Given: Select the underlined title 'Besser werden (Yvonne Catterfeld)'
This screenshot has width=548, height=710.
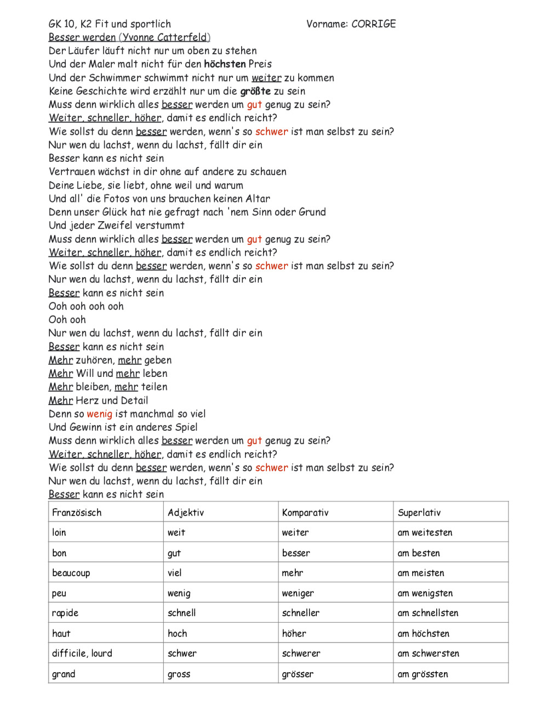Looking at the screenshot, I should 129,37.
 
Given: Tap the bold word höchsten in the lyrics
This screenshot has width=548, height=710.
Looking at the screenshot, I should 224,64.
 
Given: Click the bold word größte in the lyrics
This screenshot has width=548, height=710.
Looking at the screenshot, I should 255,91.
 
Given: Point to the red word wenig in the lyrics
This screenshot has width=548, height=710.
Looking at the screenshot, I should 99,414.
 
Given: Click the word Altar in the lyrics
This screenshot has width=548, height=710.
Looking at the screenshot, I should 258,199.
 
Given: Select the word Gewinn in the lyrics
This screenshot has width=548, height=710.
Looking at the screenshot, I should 86,427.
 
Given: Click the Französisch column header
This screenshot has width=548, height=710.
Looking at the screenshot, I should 77,512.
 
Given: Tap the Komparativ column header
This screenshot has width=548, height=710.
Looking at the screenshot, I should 305,512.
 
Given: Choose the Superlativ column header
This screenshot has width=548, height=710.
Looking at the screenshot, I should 419,512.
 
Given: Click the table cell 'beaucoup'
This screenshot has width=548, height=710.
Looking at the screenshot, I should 71,573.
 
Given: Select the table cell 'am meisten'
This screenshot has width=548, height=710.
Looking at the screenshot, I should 421,573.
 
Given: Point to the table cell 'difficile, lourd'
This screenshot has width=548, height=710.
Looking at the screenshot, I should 82,653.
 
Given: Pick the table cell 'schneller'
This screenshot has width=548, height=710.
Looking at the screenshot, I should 301,613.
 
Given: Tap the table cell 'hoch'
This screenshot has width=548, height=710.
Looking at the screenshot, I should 178,633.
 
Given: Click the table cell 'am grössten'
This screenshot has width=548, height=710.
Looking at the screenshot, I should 423,674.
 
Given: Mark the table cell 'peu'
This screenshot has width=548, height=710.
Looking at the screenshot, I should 59,593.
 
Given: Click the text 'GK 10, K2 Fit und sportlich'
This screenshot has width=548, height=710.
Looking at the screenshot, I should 110,24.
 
